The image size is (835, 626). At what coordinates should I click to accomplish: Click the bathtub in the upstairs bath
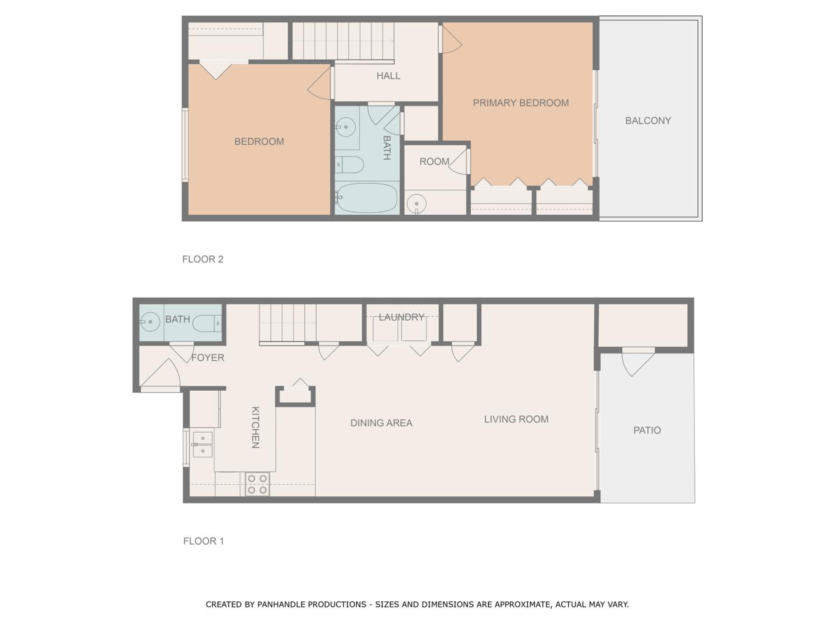[366, 198]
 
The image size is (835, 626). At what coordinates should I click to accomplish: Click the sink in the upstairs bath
[345, 127]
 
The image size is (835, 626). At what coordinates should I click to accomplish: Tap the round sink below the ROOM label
[416, 204]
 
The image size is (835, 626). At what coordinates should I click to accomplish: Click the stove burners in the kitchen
[257, 484]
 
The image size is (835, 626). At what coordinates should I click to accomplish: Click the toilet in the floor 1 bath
[207, 323]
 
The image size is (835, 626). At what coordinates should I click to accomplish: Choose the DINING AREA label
[381, 423]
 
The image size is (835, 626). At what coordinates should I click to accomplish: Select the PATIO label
[647, 430]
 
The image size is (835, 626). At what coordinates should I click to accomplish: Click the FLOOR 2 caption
[203, 259]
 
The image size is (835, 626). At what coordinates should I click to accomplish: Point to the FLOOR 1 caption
[203, 541]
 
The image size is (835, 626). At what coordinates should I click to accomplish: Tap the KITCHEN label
[255, 428]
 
